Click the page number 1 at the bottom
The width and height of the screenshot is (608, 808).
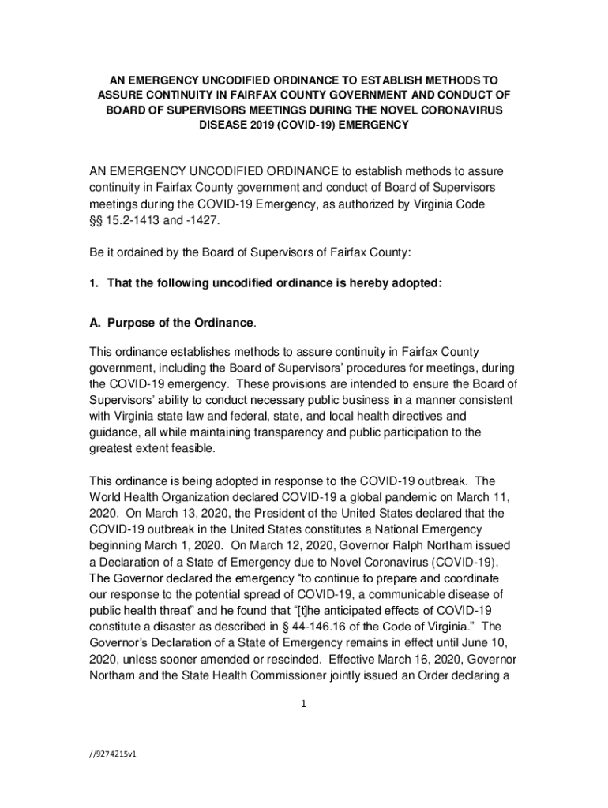coord(303,705)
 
